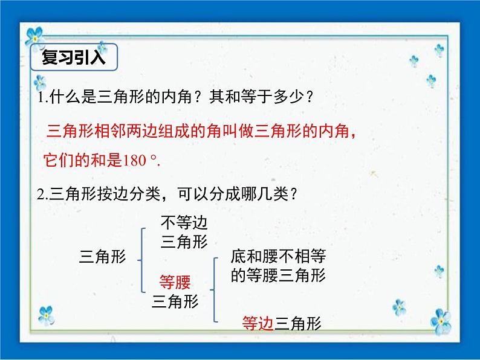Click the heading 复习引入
(74, 58)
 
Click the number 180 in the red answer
(135, 161)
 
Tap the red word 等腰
(175, 281)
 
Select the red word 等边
(258, 323)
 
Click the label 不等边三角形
(184, 233)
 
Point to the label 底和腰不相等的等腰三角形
(278, 266)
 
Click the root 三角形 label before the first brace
(103, 257)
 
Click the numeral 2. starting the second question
(41, 194)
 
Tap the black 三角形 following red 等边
(298, 323)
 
